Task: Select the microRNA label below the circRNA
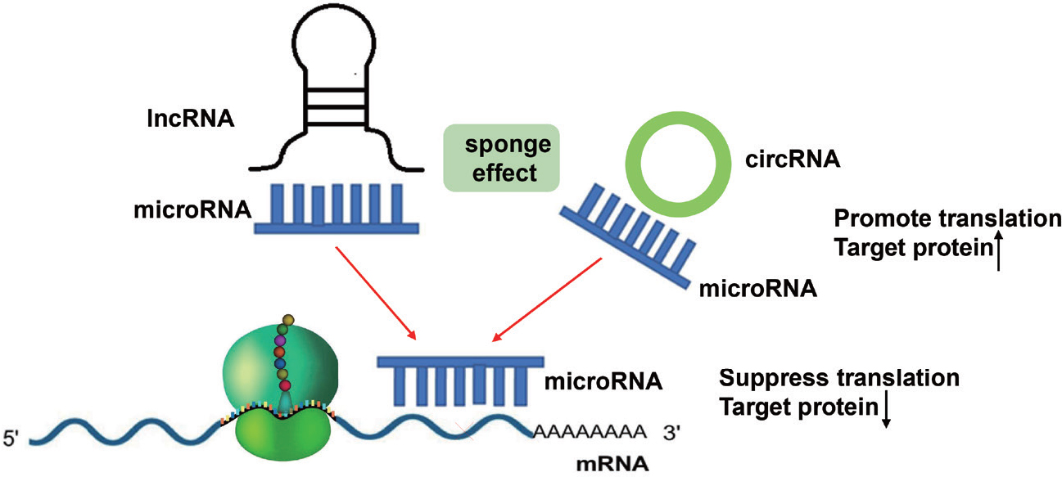point(758,288)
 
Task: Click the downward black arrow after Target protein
point(886,410)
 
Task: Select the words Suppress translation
point(838,378)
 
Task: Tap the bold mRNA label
point(612,463)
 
